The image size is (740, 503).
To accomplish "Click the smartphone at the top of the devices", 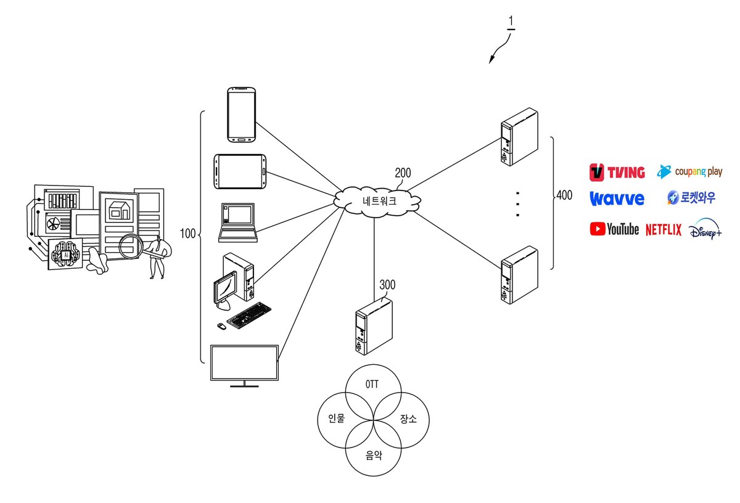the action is click(x=242, y=115).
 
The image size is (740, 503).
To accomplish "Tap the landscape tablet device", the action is click(x=240, y=171).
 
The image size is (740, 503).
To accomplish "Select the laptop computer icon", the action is click(x=238, y=223).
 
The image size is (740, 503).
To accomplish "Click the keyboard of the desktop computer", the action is click(x=249, y=316).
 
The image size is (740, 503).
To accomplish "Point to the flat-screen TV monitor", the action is click(x=244, y=366).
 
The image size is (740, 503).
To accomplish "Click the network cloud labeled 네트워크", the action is click(x=377, y=201).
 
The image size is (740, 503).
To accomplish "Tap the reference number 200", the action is click(x=403, y=173).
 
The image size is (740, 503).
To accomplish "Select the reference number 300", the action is click(x=387, y=285).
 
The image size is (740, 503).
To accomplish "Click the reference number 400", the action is click(x=564, y=195).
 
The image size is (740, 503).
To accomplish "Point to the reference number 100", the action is click(x=187, y=234).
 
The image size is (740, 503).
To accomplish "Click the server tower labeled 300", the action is click(x=374, y=326).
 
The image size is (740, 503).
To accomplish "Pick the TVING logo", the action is click(x=617, y=173).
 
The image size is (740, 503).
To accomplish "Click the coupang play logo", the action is click(x=689, y=171).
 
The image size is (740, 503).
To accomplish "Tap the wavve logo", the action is click(x=617, y=198).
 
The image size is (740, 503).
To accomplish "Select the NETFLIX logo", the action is click(x=664, y=229).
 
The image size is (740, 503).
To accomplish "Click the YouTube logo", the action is click(x=614, y=229).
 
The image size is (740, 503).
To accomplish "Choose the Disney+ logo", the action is click(x=705, y=229).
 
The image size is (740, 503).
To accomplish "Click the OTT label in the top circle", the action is click(x=372, y=384).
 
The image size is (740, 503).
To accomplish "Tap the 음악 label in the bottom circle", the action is click(x=374, y=456).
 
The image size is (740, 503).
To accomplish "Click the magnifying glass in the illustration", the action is click(x=132, y=246).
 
